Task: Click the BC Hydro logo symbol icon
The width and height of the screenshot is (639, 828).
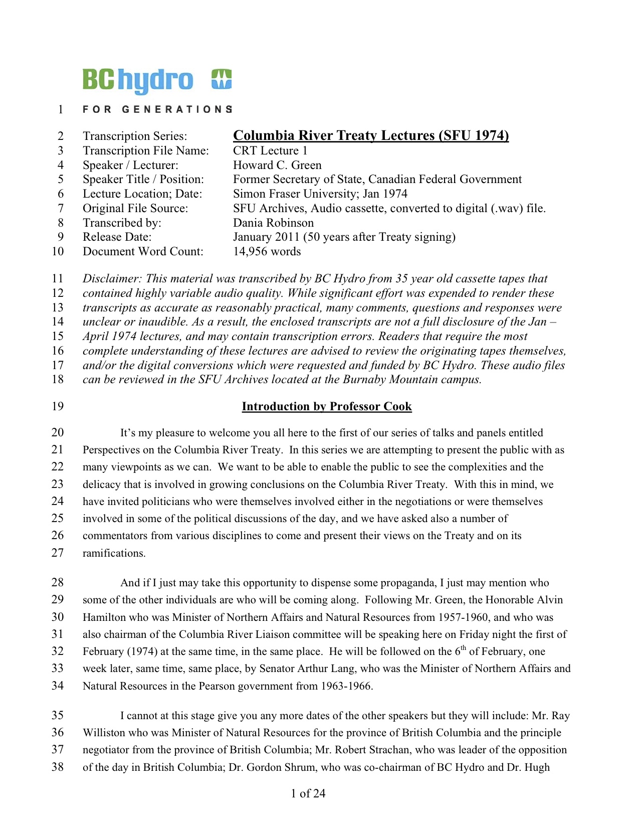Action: click(x=222, y=79)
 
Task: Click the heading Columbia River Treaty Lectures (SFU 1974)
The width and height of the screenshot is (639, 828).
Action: click(x=371, y=135)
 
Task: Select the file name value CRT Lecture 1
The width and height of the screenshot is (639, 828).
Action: click(x=270, y=150)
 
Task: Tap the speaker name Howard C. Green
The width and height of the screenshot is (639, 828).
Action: click(x=277, y=165)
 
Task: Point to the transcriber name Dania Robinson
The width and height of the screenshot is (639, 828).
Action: click(x=273, y=223)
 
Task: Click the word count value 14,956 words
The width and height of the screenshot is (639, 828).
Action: click(x=267, y=251)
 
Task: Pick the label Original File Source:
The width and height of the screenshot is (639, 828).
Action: click(x=135, y=208)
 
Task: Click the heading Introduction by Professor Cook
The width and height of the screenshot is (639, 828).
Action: click(x=327, y=406)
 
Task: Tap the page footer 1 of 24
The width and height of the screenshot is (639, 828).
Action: click(x=308, y=793)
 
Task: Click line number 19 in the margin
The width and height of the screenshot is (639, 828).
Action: click(x=58, y=406)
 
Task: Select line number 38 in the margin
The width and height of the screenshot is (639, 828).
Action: click(x=58, y=767)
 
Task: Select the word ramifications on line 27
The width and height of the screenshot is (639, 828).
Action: click(x=114, y=553)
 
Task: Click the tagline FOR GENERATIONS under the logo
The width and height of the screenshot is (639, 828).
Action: click(x=157, y=109)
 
